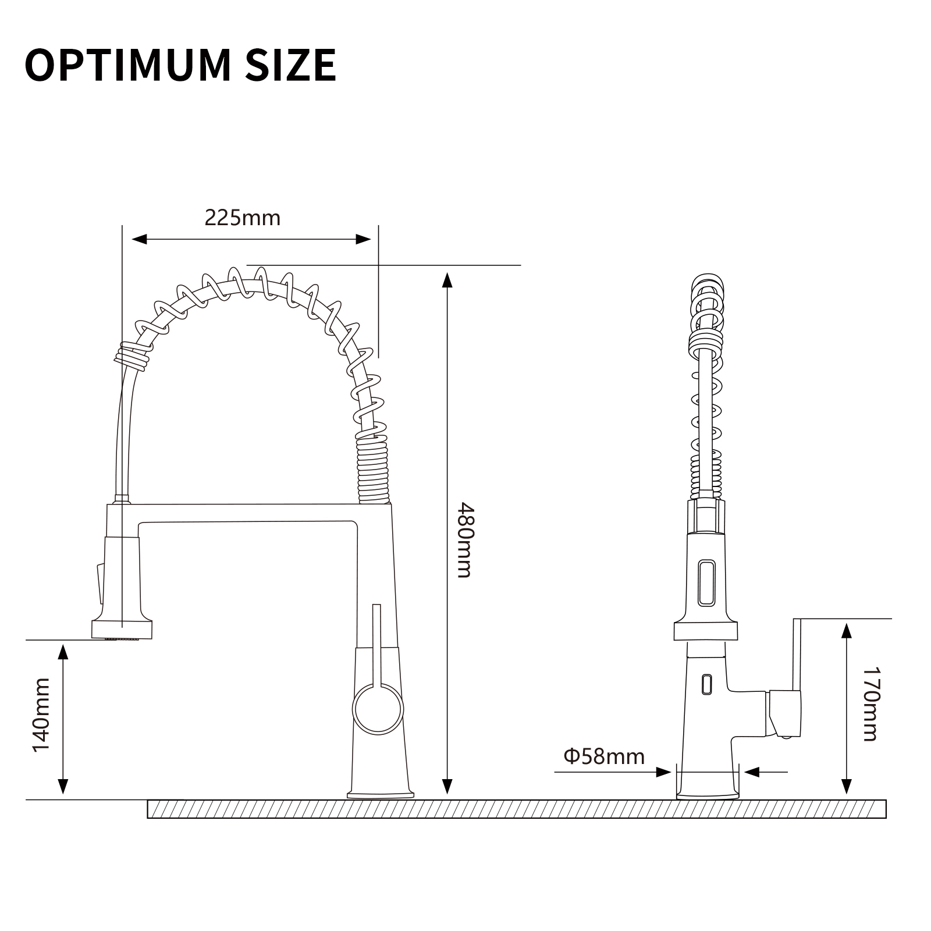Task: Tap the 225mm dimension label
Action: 243,218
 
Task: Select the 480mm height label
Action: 464,540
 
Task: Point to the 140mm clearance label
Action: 41,715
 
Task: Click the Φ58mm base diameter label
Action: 604,756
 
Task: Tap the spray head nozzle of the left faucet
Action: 122,630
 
